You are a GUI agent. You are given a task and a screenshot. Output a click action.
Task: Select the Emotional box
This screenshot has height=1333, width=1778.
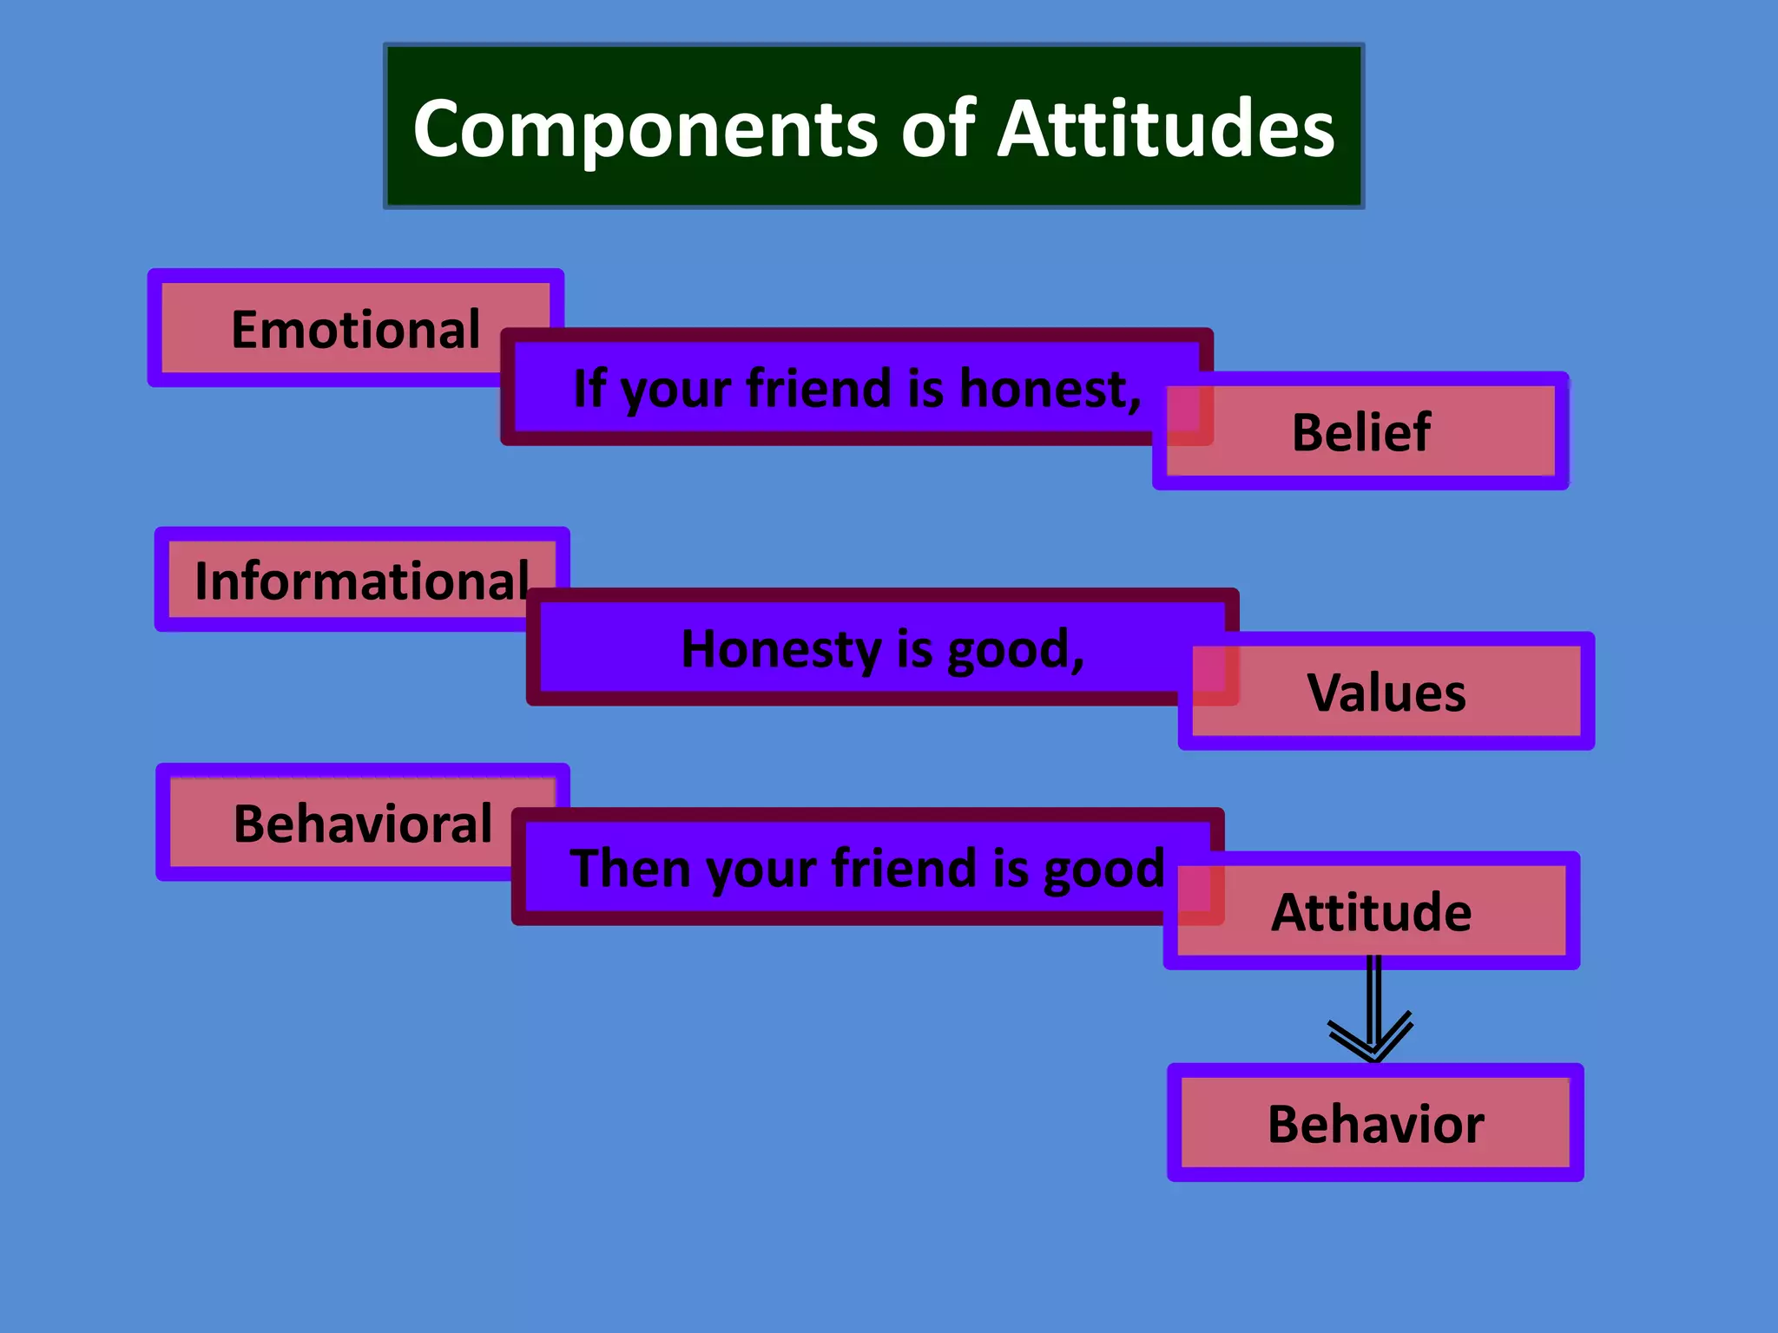pyautogui.click(x=355, y=330)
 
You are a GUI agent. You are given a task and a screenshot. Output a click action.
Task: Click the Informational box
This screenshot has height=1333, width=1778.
pyautogui.click(x=360, y=581)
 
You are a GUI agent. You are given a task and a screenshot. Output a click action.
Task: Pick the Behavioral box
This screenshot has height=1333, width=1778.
pyautogui.click(x=362, y=824)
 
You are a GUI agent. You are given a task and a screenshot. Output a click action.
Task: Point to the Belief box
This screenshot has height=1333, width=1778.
pyautogui.click(x=1360, y=432)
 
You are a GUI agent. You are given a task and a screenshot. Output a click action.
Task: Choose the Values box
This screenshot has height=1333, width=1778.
pyautogui.click(x=1386, y=693)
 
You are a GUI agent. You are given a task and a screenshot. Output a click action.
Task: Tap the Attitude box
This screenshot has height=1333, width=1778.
pyautogui.click(x=1371, y=912)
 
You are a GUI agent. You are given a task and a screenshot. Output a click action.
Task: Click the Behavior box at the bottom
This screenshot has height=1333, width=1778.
pyautogui.click(x=1375, y=1124)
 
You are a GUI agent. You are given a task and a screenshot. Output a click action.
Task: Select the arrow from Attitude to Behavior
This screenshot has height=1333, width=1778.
pyautogui.click(x=1373, y=1015)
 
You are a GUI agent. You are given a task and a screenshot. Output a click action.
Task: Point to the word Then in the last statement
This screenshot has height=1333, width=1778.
pyautogui.click(x=631, y=868)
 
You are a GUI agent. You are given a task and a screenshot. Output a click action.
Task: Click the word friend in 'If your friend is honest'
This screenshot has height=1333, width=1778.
pyautogui.click(x=818, y=388)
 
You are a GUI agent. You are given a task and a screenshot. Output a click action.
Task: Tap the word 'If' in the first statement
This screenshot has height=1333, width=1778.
pyautogui.click(x=589, y=388)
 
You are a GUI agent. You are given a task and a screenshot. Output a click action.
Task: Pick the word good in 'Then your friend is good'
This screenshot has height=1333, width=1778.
pyautogui.click(x=1103, y=868)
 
